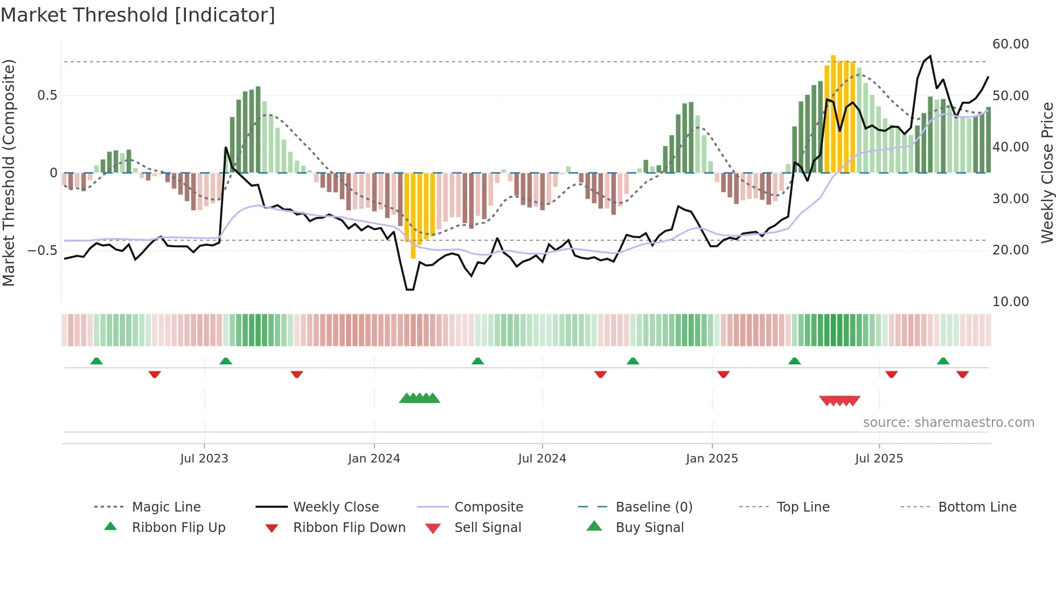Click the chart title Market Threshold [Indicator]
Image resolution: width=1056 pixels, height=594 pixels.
138,15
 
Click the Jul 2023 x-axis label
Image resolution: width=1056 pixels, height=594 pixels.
204,459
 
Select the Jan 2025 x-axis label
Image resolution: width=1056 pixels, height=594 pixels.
712,459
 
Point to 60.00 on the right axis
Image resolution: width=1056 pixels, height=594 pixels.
1010,44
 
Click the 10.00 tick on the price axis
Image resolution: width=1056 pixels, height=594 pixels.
1010,302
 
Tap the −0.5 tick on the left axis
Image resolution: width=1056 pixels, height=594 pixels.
42,251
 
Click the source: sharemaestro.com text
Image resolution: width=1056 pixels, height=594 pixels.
948,423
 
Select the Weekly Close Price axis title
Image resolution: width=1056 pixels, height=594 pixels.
1047,172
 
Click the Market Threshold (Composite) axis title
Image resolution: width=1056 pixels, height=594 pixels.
9,172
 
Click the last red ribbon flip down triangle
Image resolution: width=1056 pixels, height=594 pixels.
962,374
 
